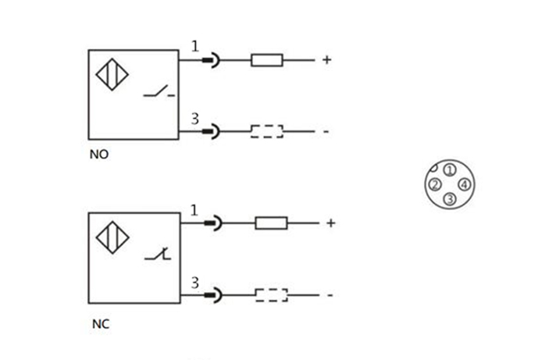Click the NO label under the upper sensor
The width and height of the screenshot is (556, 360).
tap(98, 155)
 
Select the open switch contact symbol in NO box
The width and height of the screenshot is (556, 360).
tap(159, 94)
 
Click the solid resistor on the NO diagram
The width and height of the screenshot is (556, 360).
tap(266, 59)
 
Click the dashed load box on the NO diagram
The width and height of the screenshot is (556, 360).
tap(266, 131)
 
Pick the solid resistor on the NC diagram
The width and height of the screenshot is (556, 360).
tap(271, 223)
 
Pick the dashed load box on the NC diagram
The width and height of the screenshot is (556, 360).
tap(271, 295)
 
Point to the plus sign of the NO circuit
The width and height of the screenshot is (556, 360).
tap(326, 59)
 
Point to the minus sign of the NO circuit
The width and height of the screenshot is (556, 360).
tap(326, 131)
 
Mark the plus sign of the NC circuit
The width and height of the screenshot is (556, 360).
tap(330, 223)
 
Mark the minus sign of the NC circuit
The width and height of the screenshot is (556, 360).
tap(330, 295)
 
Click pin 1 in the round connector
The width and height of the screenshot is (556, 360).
tap(449, 169)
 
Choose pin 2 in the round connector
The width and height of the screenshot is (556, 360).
tap(434, 184)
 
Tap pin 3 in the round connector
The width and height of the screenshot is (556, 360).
tap(449, 199)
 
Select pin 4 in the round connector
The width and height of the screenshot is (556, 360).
tap(464, 184)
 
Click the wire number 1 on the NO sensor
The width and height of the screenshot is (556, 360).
tap(195, 46)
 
